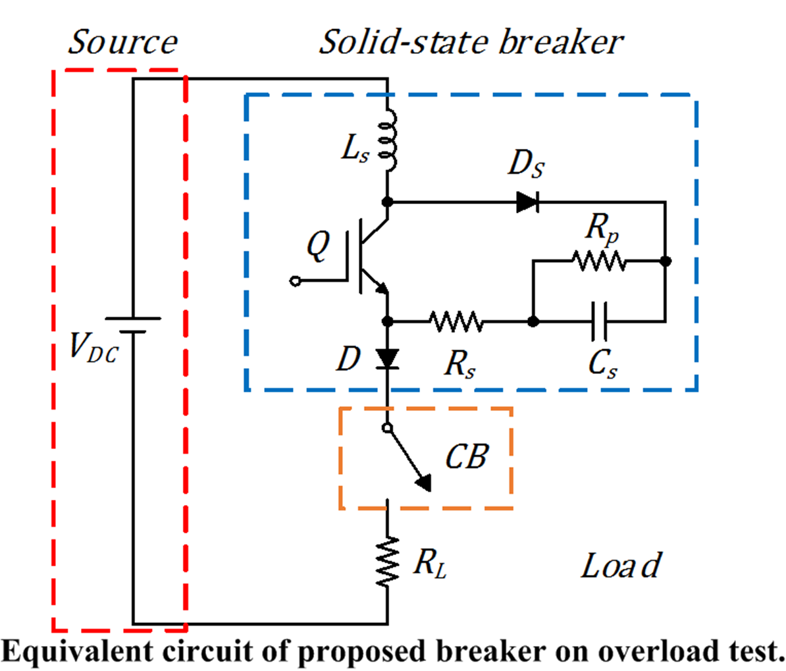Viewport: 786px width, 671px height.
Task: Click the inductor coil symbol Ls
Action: [388, 140]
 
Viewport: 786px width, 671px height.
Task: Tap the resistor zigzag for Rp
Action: [598, 261]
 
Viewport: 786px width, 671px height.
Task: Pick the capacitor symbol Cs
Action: [599, 321]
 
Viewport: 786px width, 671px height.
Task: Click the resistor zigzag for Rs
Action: [456, 321]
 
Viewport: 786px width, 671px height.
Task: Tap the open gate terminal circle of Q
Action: [296, 281]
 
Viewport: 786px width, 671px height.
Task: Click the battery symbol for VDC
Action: [133, 325]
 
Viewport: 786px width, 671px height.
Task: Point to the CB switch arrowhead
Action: [424, 483]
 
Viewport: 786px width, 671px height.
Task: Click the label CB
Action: [467, 457]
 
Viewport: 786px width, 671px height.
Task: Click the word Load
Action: [621, 566]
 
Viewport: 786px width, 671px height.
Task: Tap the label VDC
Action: [93, 347]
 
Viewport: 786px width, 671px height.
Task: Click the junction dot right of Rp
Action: [665, 261]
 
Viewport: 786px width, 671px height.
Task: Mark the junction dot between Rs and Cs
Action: [533, 321]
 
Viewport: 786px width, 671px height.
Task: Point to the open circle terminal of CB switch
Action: [387, 428]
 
